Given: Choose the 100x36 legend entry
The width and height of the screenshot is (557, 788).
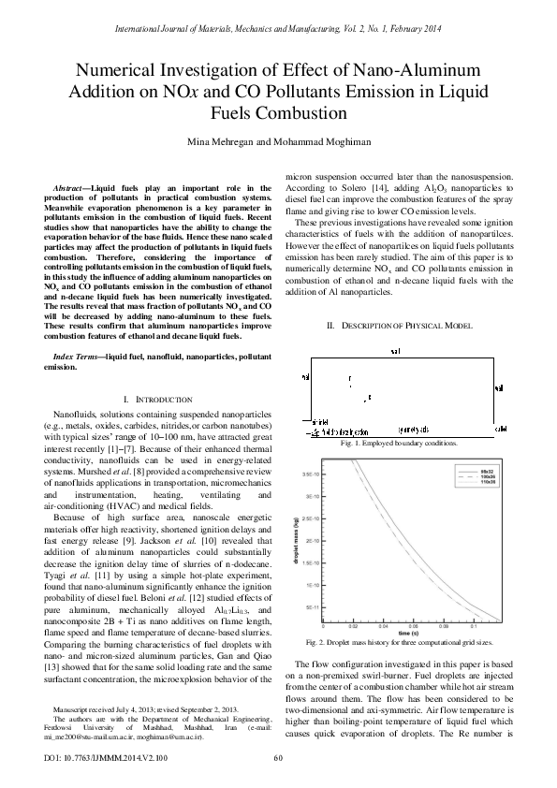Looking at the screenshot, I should pyautogui.click(x=487, y=475).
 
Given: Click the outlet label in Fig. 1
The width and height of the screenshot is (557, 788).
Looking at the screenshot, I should pyautogui.click(x=499, y=428).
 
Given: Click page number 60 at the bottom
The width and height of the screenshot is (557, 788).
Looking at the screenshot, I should pyautogui.click(x=278, y=759).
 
